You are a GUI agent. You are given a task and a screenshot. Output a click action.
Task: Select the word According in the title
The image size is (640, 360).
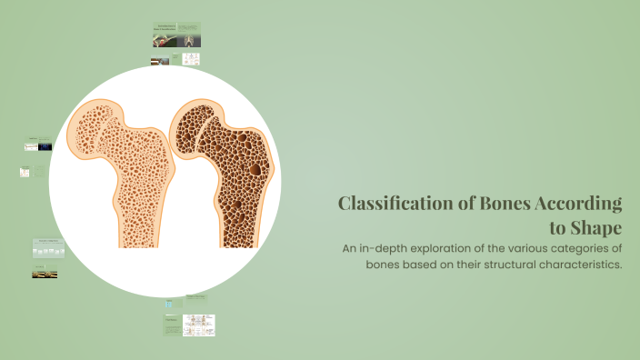tap(578, 203)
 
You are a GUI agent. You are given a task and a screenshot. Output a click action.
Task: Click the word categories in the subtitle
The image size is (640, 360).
tap(578, 247)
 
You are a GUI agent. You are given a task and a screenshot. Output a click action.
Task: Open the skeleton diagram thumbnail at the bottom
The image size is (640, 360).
tap(198, 325)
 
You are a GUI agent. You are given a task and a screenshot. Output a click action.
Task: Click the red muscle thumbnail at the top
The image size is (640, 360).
tap(161, 62)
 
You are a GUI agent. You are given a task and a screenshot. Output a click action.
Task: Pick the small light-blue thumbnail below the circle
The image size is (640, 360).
tap(168, 304)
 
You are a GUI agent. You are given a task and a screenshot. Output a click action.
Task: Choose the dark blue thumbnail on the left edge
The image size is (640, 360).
tap(45, 146)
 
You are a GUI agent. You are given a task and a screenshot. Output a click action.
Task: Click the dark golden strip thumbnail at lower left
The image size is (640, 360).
tap(45, 274)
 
